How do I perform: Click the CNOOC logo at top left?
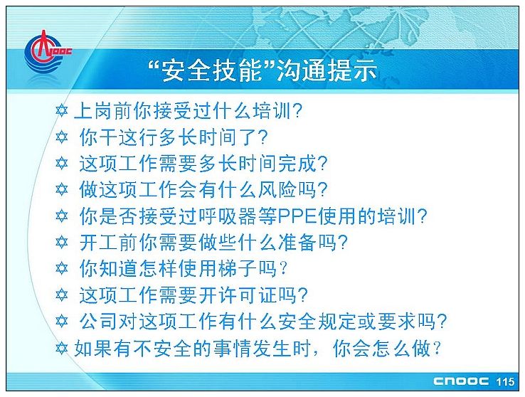coord(47,52)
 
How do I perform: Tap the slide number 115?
coord(505,382)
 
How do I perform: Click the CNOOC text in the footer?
coord(461,381)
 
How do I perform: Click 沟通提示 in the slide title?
coord(327,70)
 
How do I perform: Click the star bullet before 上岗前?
coord(62,111)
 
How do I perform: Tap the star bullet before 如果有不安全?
coord(62,348)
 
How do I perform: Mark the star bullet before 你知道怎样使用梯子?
coord(62,268)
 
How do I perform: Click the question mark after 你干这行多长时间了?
coord(263,137)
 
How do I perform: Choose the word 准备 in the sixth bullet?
coord(297,242)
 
